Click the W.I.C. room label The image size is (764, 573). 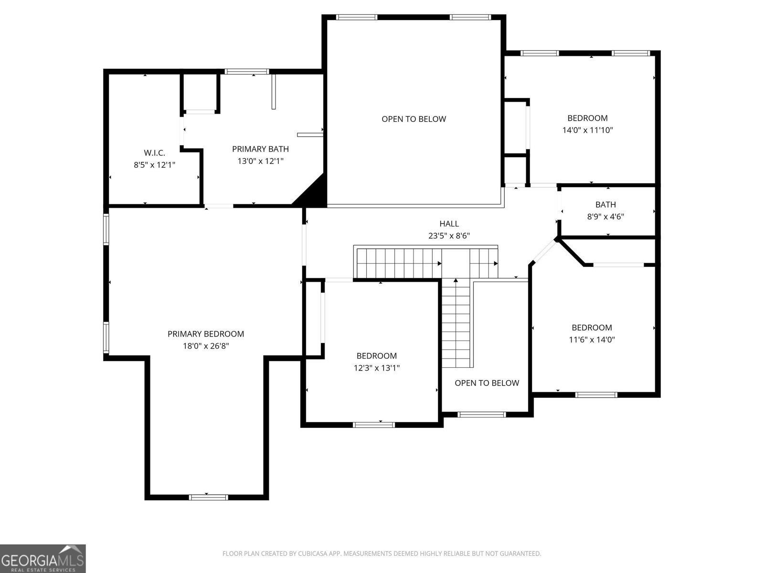(x=154, y=153)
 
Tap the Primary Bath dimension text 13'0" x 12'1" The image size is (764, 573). (x=260, y=161)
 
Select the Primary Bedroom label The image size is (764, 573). (x=205, y=334)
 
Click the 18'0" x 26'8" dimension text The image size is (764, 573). (x=206, y=346)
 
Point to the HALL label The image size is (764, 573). (x=449, y=223)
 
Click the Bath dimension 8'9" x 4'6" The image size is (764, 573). (x=605, y=217)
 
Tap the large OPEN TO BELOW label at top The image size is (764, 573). (x=414, y=119)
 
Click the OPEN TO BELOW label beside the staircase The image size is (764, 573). (x=487, y=383)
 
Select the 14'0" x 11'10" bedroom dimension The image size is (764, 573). (x=587, y=130)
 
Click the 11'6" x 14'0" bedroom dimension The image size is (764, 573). (x=592, y=340)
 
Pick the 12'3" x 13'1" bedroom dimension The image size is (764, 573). (x=376, y=368)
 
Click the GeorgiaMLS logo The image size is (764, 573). (x=43, y=559)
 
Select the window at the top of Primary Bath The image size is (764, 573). (x=247, y=72)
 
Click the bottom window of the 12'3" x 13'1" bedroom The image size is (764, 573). (x=374, y=424)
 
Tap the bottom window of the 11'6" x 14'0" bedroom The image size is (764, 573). (x=596, y=395)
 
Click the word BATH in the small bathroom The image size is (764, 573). (x=605, y=205)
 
